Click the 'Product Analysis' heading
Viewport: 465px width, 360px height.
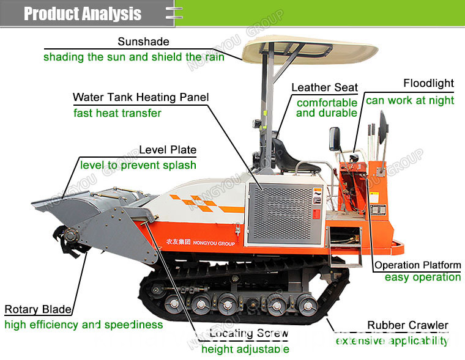[x=83, y=13]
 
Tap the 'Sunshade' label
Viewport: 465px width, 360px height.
[x=143, y=42]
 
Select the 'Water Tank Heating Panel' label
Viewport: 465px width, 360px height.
[x=141, y=97]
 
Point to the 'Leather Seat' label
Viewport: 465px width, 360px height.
[x=324, y=87]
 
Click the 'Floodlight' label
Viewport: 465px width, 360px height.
[x=428, y=83]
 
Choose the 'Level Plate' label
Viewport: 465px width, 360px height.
[x=168, y=150]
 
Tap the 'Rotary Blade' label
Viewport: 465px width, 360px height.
[x=38, y=309]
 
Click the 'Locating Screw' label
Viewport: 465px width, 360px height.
[x=248, y=333]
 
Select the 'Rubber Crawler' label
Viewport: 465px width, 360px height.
[x=407, y=325]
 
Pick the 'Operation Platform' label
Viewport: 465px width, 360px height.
[x=417, y=265]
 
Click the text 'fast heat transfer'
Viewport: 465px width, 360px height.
[x=117, y=113]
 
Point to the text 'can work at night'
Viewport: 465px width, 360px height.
[x=410, y=101]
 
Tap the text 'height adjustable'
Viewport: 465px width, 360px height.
[x=245, y=349]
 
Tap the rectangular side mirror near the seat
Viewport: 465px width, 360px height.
[x=335, y=139]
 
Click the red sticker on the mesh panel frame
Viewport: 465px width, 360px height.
[x=316, y=214]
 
